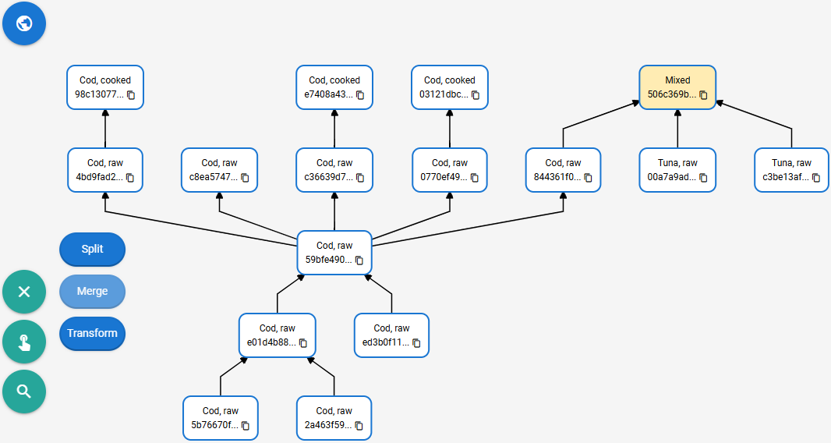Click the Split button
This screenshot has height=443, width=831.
tap(92, 249)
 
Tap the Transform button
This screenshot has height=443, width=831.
tap(92, 333)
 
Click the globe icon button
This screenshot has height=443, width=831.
tap(24, 23)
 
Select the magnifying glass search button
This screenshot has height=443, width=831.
tap(24, 392)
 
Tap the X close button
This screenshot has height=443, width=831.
tap(24, 291)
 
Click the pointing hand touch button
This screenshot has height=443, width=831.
tap(24, 342)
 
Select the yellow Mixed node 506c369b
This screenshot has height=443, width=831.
tap(677, 87)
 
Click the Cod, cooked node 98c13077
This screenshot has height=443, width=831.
tap(105, 87)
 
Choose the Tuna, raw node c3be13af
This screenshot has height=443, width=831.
tap(791, 170)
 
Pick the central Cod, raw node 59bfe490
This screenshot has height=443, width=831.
tap(334, 253)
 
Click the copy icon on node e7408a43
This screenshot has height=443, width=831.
tap(360, 95)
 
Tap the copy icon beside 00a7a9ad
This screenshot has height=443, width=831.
tap(703, 178)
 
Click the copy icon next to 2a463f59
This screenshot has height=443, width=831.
tap(359, 426)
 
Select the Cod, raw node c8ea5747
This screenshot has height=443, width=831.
tap(219, 170)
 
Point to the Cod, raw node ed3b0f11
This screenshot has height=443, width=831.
tap(391, 335)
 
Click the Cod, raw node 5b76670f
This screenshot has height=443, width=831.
tap(221, 418)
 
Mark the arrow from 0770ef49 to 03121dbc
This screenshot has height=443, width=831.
tap(450, 129)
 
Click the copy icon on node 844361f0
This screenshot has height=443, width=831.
tap(588, 178)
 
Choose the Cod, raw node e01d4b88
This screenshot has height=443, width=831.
tap(278, 335)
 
